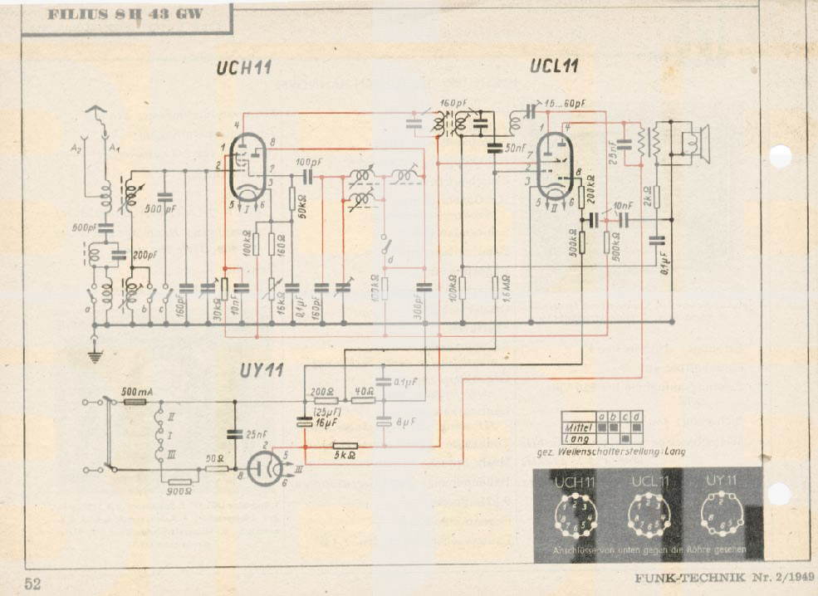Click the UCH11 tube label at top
[243, 68]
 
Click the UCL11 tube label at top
[554, 66]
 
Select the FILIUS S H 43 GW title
[125, 14]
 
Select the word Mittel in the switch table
[578, 425]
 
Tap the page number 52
[32, 584]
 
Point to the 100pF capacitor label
[310, 160]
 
